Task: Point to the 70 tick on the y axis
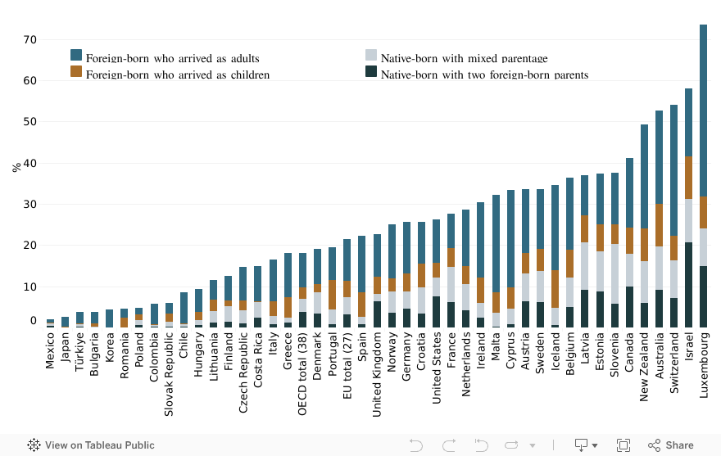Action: [x=30, y=39]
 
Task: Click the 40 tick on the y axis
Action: [x=30, y=163]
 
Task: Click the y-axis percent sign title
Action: [x=16, y=167]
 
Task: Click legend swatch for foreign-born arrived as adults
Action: [x=76, y=55]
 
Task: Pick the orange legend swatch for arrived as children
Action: [x=76, y=71]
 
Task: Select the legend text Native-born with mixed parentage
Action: [x=464, y=59]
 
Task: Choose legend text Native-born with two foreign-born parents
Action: [x=484, y=75]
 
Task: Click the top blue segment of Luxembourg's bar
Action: [x=704, y=111]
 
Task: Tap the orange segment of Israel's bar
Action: [x=689, y=178]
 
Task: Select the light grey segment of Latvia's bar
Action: [x=585, y=266]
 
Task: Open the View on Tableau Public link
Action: [x=91, y=445]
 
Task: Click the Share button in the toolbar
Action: [x=671, y=445]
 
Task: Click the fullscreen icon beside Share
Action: [x=623, y=445]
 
